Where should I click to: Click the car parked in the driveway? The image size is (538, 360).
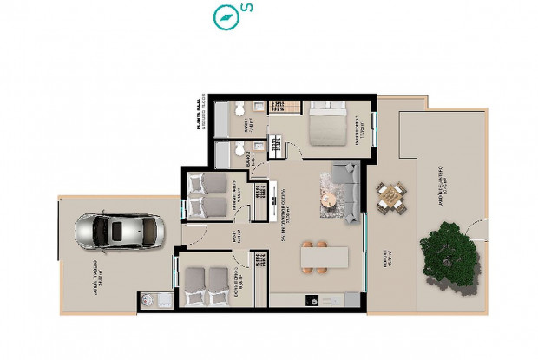pyautogui.click(x=120, y=231)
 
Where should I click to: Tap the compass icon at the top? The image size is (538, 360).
pyautogui.click(x=225, y=16)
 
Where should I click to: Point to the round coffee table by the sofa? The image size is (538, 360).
pyautogui.click(x=328, y=200)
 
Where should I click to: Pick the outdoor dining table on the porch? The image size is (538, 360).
pyautogui.click(x=391, y=197)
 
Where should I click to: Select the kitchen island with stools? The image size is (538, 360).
pyautogui.click(x=325, y=259)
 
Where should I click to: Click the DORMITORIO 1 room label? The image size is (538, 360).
pyautogui.click(x=358, y=132)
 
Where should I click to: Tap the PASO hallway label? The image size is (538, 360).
pyautogui.click(x=233, y=236)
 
